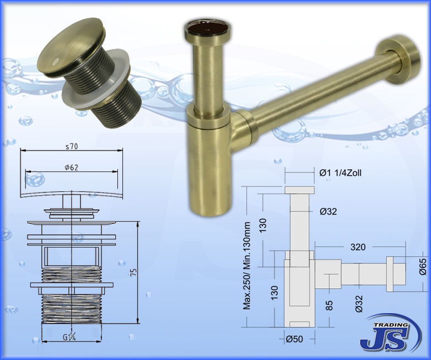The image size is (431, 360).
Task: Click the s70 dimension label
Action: [x=72, y=147]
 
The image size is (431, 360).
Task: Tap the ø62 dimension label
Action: [x=72, y=167]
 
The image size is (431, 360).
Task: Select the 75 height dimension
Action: [x=134, y=272]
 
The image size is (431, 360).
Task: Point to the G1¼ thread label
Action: [x=69, y=337]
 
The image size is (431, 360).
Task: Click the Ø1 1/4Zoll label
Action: [x=340, y=173]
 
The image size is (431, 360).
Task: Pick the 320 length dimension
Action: [x=358, y=247]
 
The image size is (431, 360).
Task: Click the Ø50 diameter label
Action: [x=294, y=339]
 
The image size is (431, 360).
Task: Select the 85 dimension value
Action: [x=329, y=305]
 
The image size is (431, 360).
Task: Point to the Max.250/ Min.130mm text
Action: [x=247, y=266]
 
